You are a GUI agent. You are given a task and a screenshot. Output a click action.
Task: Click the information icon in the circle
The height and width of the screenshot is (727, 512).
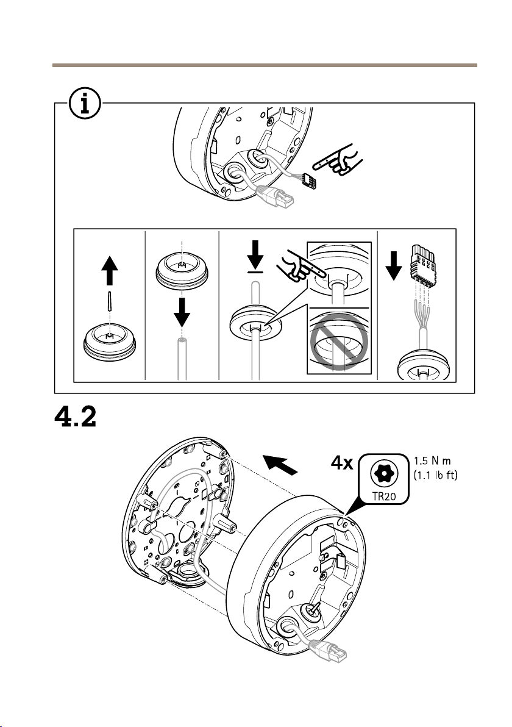tap(85, 103)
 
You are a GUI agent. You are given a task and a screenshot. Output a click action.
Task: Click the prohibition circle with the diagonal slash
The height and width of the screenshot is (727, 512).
tap(338, 345)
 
